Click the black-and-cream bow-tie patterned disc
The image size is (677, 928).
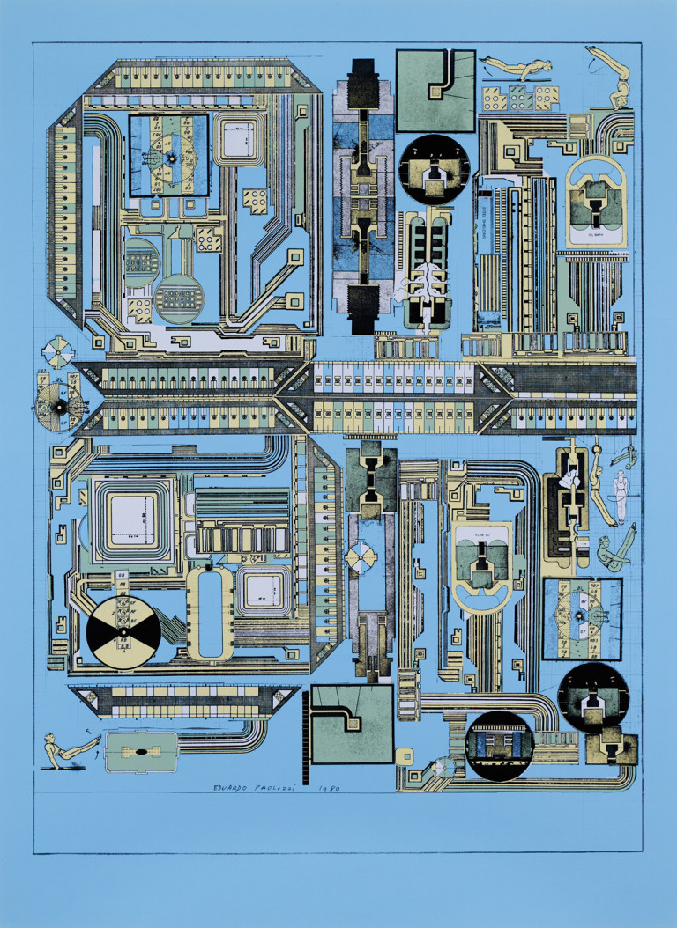coord(123,632)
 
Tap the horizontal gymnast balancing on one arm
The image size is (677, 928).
coord(516,68)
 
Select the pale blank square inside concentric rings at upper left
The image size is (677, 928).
coord(236,137)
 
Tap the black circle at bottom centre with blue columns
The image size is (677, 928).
coord(499,745)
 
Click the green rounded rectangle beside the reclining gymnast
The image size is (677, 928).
coord(140,753)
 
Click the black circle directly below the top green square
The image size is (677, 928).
coord(434,169)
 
